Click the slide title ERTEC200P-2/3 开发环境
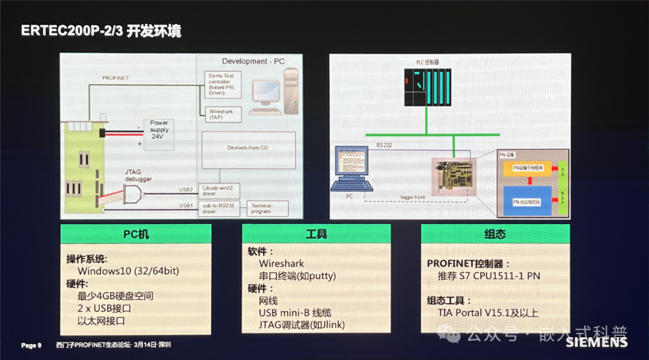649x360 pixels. click(x=101, y=30)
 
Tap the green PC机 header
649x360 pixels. click(x=135, y=233)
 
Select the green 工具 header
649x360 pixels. click(x=316, y=233)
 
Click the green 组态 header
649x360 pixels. click(x=495, y=234)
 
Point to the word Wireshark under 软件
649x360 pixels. click(x=281, y=263)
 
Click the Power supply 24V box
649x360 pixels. click(x=159, y=130)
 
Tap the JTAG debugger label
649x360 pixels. click(x=138, y=175)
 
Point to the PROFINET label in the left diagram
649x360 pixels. click(x=115, y=78)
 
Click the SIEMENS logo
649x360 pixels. click(x=596, y=343)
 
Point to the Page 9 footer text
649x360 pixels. click(x=31, y=345)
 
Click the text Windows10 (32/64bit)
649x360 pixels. click(x=128, y=271)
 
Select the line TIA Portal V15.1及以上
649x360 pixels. click(x=489, y=313)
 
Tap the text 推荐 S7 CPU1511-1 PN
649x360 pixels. click(x=489, y=276)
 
